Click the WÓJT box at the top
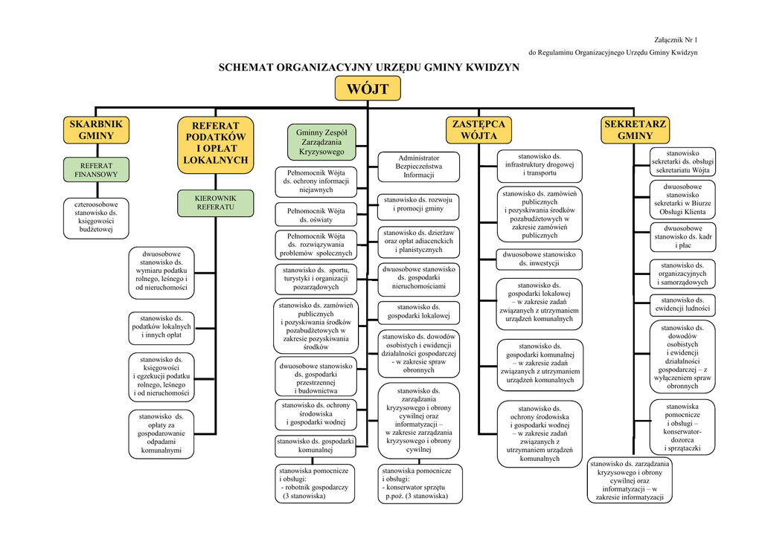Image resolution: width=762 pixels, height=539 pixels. (x=368, y=89)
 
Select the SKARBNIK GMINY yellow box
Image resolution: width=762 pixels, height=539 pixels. (x=96, y=130)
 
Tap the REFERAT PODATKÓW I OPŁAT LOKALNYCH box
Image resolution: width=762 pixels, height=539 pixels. (x=215, y=143)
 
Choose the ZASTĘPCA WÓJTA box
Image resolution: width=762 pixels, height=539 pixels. (x=479, y=130)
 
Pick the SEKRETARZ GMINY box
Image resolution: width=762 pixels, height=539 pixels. (x=635, y=130)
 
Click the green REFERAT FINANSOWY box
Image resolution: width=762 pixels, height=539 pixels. (x=96, y=170)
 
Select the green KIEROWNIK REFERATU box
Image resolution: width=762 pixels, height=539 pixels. (x=215, y=202)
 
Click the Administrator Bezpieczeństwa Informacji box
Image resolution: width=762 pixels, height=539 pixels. (x=418, y=167)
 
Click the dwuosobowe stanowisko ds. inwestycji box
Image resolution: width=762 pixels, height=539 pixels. (x=538, y=259)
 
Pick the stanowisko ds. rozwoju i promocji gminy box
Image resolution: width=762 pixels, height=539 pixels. (x=418, y=204)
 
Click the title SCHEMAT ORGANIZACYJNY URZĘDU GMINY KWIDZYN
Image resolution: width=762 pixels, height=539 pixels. (x=368, y=67)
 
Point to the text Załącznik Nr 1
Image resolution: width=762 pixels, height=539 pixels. (x=676, y=39)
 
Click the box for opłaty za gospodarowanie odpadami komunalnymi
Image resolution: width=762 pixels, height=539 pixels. (x=161, y=433)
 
